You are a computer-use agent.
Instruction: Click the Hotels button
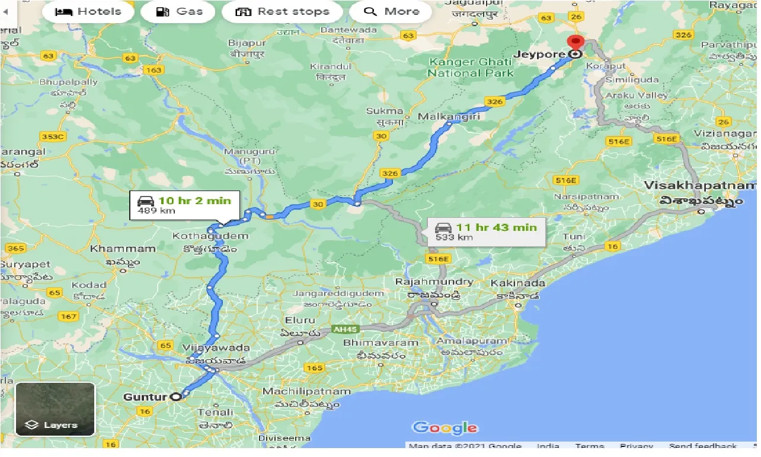coord(88,11)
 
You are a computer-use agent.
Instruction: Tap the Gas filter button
coord(179,11)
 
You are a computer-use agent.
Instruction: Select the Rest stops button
coord(282,11)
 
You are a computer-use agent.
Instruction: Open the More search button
coord(392,11)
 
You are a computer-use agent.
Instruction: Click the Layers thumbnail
coord(55,409)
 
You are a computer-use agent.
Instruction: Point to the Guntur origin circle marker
coord(176,397)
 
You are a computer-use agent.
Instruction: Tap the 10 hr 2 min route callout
coord(185,205)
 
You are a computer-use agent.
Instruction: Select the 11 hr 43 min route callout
coord(486,231)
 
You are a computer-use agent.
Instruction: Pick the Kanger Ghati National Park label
coord(471,67)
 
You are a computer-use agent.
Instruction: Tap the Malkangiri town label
coord(449,116)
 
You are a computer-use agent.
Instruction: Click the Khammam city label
coord(114,248)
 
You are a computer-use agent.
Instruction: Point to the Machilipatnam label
coord(306,391)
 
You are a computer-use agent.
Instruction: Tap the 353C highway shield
coord(52,137)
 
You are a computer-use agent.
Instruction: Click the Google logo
coord(445,427)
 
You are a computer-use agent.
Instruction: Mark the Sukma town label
coord(385,111)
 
